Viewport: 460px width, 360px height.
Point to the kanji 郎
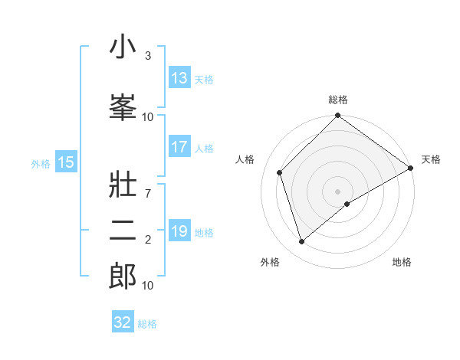(x=123, y=277)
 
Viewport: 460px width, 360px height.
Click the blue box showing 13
(x=179, y=78)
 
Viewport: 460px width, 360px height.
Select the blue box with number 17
(x=179, y=148)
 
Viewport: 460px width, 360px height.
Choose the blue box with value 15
(x=66, y=162)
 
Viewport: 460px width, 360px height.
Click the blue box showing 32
(x=123, y=322)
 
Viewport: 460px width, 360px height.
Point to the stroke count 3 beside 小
(x=148, y=56)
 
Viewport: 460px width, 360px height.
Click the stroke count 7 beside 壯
(x=148, y=186)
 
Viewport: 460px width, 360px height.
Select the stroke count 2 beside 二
(x=148, y=241)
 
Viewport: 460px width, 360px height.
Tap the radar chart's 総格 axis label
(x=338, y=100)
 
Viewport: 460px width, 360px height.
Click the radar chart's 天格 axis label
(x=431, y=159)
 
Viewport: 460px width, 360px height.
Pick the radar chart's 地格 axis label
(x=402, y=262)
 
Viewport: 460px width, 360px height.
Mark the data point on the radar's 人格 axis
(x=280, y=172)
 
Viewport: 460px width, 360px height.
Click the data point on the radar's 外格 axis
(x=302, y=242)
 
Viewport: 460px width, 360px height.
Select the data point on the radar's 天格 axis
(x=411, y=168)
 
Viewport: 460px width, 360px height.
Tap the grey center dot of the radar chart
(x=338, y=191)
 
